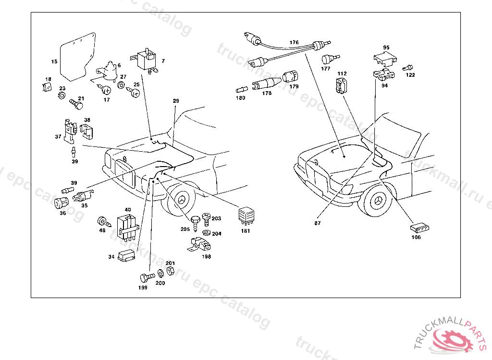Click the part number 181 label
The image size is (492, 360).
point(246,231)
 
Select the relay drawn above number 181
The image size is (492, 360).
point(246,216)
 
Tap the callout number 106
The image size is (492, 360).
point(416,237)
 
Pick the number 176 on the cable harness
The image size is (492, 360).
point(294,42)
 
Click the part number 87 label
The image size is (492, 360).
point(317,223)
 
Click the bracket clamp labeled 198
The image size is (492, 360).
point(199,245)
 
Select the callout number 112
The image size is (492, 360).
point(342,73)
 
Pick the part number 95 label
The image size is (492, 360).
point(385,48)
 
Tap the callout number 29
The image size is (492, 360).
point(176,101)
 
